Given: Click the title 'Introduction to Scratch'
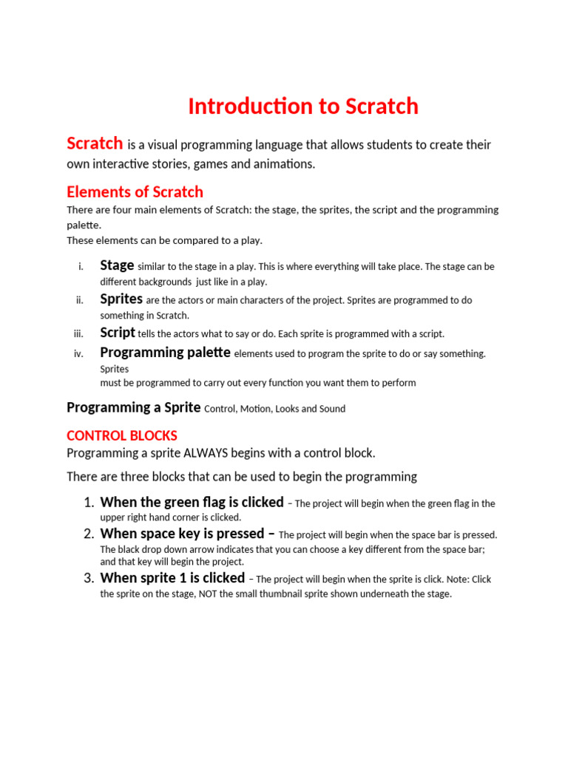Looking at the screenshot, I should [302, 106].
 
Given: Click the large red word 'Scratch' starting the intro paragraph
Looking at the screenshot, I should [95, 143].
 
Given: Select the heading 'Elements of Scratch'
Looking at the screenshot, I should [135, 192].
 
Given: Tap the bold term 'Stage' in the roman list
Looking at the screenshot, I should [117, 265].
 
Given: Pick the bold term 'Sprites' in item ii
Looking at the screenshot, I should [121, 299].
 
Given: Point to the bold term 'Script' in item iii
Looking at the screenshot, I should [118, 333].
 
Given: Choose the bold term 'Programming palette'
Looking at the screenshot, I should [165, 353].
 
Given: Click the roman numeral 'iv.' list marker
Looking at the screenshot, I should [78, 354].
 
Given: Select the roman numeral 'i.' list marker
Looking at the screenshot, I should [81, 267].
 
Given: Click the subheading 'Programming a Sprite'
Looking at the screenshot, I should [134, 407].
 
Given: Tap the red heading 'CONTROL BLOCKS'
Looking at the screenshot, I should [122, 435].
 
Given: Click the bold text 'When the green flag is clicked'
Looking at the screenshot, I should [192, 503].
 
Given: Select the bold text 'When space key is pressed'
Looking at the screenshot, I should [182, 534].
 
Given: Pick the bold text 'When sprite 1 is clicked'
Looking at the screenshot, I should [172, 578].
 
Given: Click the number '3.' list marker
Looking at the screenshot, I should [88, 579].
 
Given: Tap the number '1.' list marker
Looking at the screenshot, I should [88, 503].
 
